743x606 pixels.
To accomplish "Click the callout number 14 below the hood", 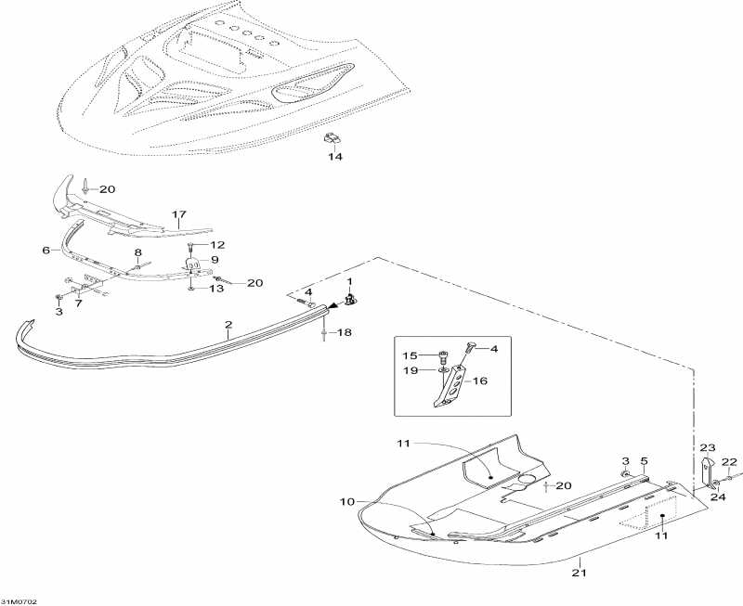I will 334,157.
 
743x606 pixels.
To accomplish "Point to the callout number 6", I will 46,251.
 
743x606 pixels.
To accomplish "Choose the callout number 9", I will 214,260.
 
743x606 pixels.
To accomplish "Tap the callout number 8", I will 138,252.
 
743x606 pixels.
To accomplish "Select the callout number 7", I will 78,303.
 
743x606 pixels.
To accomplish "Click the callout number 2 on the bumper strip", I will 228,326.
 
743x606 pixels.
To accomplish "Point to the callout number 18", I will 343,331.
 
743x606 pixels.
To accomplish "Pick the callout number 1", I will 350,280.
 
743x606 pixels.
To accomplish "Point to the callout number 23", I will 708,446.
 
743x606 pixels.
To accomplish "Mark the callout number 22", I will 729,462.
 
